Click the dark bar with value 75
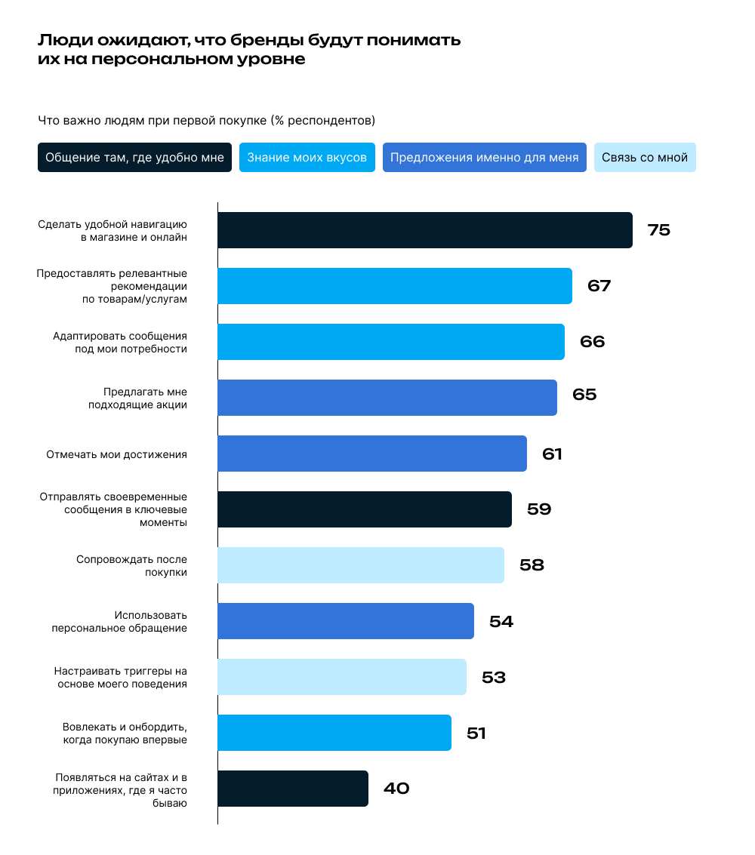pos(424,230)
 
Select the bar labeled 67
pos(394,286)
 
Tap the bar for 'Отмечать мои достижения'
pos(371,454)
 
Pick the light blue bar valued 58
pos(360,565)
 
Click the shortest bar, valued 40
pos(292,789)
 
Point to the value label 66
pos(592,342)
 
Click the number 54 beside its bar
pos(501,622)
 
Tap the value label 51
pos(476,734)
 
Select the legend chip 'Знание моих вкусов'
pos(307,158)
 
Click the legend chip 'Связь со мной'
pos(644,158)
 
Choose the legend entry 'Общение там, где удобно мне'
pos(134,158)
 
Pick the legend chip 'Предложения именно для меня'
pos(484,158)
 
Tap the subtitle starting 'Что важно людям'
pos(206,120)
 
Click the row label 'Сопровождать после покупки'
pos(131,566)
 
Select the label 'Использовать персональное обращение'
pos(119,621)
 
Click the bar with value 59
pos(364,509)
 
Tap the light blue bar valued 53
pos(341,677)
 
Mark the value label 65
pos(584,395)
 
